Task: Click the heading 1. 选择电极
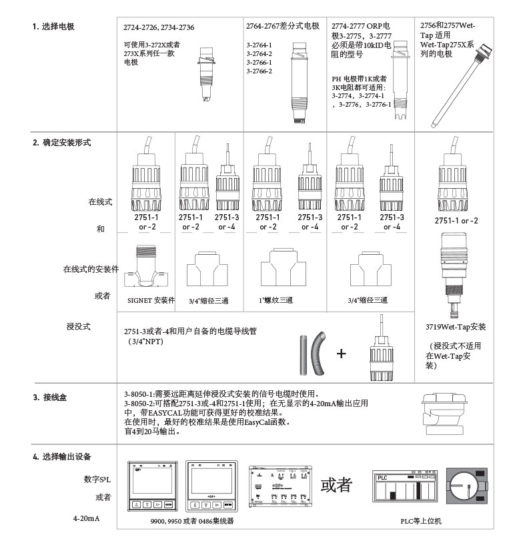tap(53, 27)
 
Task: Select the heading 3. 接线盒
tap(49, 398)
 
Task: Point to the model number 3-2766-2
tap(259, 71)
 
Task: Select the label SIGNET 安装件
tap(151, 301)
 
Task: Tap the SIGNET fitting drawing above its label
tap(151, 267)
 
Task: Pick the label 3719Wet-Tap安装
tap(456, 327)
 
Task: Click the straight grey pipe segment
tap(304, 353)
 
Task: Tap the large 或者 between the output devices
tap(336, 485)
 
